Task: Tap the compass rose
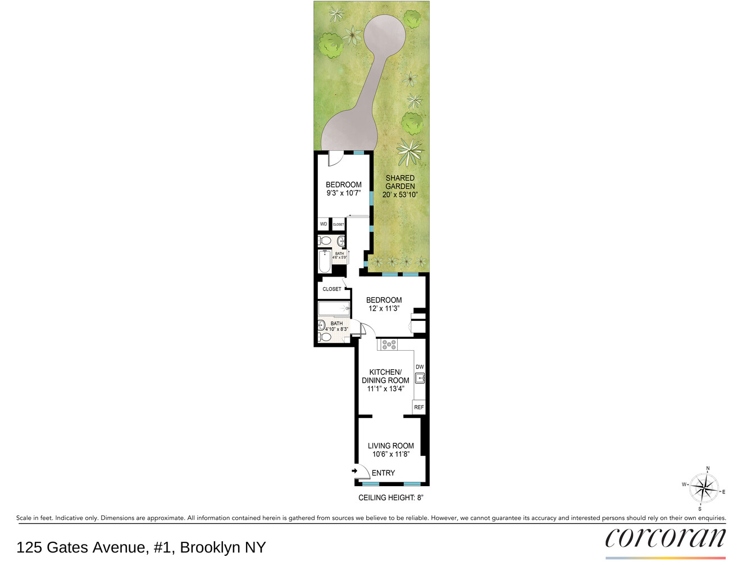click(x=704, y=488)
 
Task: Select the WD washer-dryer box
click(x=323, y=224)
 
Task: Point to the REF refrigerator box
click(x=418, y=407)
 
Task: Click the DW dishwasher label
click(x=419, y=367)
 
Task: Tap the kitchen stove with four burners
click(x=389, y=345)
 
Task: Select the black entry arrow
click(x=354, y=471)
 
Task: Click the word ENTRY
click(x=383, y=473)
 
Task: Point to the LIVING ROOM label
click(x=390, y=446)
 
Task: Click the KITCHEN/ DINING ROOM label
click(x=385, y=376)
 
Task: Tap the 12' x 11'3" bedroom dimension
click(x=384, y=308)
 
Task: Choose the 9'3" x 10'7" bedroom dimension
click(x=343, y=193)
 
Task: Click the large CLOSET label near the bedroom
click(x=331, y=289)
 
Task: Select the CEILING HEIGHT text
click(x=390, y=497)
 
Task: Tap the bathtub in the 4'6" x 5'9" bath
click(x=325, y=261)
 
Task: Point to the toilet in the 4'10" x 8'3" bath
click(x=325, y=337)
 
